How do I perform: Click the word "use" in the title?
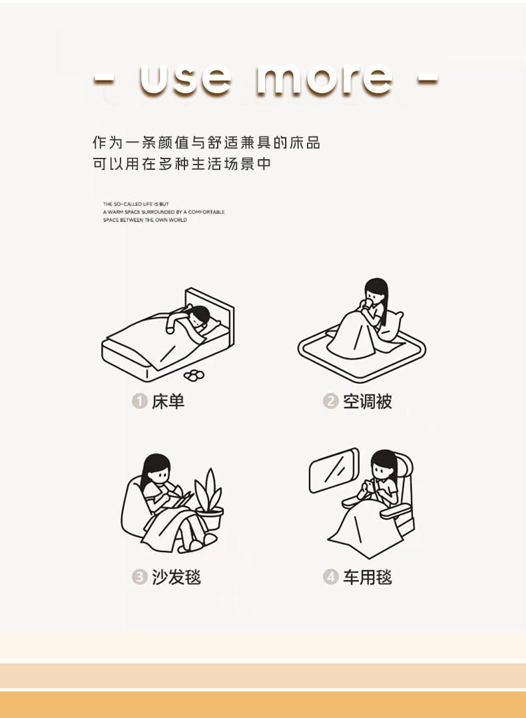click(185, 79)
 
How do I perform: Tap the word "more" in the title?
click(324, 79)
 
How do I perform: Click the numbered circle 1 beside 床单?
click(140, 401)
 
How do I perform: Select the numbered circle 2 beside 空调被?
click(330, 401)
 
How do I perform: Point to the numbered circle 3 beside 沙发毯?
click(140, 577)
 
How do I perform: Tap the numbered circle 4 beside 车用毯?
click(330, 577)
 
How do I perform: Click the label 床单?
click(168, 401)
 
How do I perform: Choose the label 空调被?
click(368, 401)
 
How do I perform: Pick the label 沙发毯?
click(176, 577)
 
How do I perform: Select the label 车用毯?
click(368, 577)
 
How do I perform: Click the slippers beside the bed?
click(194, 375)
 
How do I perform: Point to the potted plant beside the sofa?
click(209, 499)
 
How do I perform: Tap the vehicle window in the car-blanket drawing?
click(334, 470)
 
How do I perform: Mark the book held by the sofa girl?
click(181, 500)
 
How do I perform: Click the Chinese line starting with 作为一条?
click(206, 143)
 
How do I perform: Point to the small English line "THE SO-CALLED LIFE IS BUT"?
click(136, 204)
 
